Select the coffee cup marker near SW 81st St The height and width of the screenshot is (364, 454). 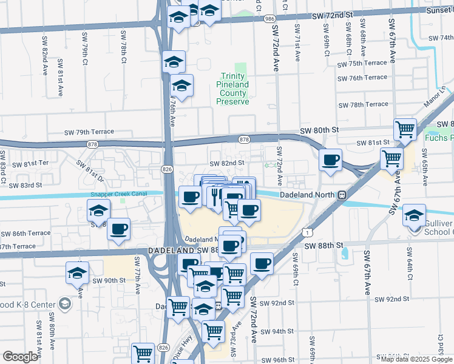pyautogui.click(x=331, y=160)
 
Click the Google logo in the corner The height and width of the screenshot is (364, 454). pyautogui.click(x=19, y=357)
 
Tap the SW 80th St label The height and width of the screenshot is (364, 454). pyautogui.click(x=318, y=130)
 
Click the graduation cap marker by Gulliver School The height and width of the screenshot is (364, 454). pyautogui.click(x=415, y=215)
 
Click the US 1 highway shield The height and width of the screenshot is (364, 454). pyautogui.click(x=310, y=232)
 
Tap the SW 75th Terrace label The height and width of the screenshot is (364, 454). pyautogui.click(x=362, y=64)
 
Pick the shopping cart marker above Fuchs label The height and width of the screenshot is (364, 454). pyautogui.click(x=405, y=129)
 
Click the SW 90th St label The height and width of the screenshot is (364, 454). pyautogui.click(x=109, y=280)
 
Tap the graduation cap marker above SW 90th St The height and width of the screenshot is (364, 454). pyautogui.click(x=78, y=272)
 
